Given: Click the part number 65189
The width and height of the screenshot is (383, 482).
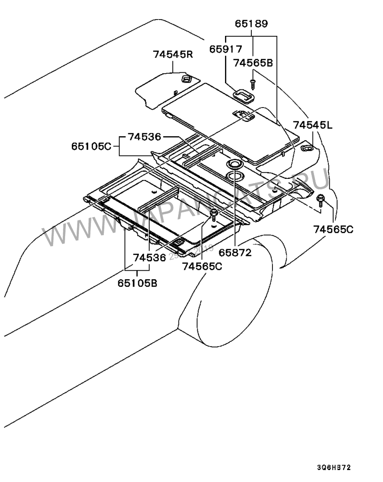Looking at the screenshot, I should pos(251,23).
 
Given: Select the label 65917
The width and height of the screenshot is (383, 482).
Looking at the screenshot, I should pos(225,49).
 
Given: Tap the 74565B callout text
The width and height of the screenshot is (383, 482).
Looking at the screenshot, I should pos(253,62).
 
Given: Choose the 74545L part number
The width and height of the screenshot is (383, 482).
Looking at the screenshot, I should pos(313,125).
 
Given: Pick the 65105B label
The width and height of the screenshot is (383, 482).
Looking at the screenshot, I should pos(137,283).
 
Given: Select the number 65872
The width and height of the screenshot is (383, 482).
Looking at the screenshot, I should pos(235,252).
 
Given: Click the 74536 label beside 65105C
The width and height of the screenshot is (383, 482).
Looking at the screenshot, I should pos(144,137).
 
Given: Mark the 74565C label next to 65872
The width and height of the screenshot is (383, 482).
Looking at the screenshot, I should pos(202,267).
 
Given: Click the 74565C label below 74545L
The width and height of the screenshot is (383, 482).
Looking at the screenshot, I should pos(333,229).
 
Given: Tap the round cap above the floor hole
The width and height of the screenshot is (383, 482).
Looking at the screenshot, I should pos(235,164).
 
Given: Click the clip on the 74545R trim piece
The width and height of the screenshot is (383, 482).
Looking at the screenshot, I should pos(186,77).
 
